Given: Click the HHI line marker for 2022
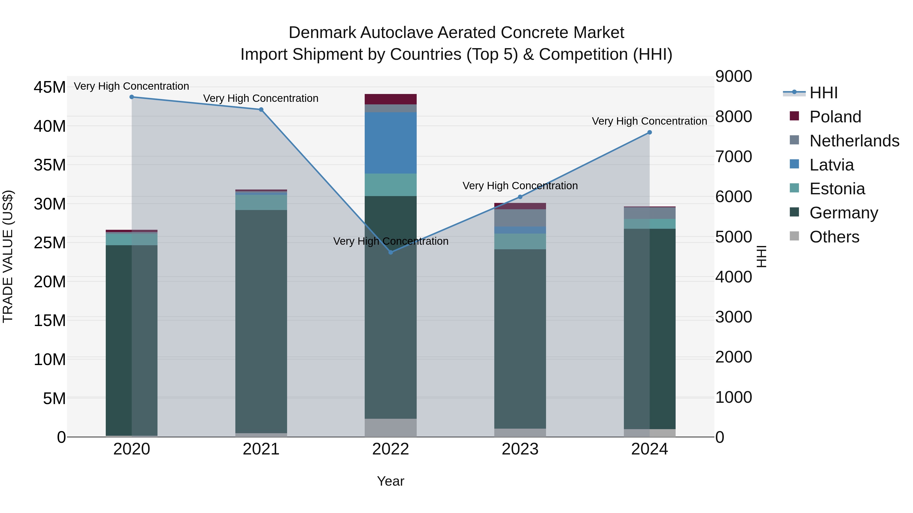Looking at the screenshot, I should click(x=391, y=252).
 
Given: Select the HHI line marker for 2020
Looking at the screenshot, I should click(x=131, y=97).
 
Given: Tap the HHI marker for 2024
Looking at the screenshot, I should click(x=649, y=132).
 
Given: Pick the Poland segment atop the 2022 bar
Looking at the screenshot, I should click(x=391, y=99).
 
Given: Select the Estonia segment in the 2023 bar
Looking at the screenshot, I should click(x=520, y=241).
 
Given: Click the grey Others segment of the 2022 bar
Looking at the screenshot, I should click(x=391, y=428).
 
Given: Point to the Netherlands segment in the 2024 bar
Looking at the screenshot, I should click(x=649, y=213).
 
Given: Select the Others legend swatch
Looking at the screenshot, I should click(x=794, y=236).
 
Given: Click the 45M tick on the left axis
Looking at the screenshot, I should click(x=50, y=87).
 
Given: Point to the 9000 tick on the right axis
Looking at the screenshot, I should click(x=733, y=77).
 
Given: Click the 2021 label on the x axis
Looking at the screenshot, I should click(x=261, y=449).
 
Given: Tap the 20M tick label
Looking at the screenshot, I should click(x=50, y=282).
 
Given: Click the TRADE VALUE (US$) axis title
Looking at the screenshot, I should click(x=8, y=256).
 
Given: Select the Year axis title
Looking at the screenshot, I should click(x=391, y=481).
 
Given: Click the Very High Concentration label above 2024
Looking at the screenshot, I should click(x=649, y=121).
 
